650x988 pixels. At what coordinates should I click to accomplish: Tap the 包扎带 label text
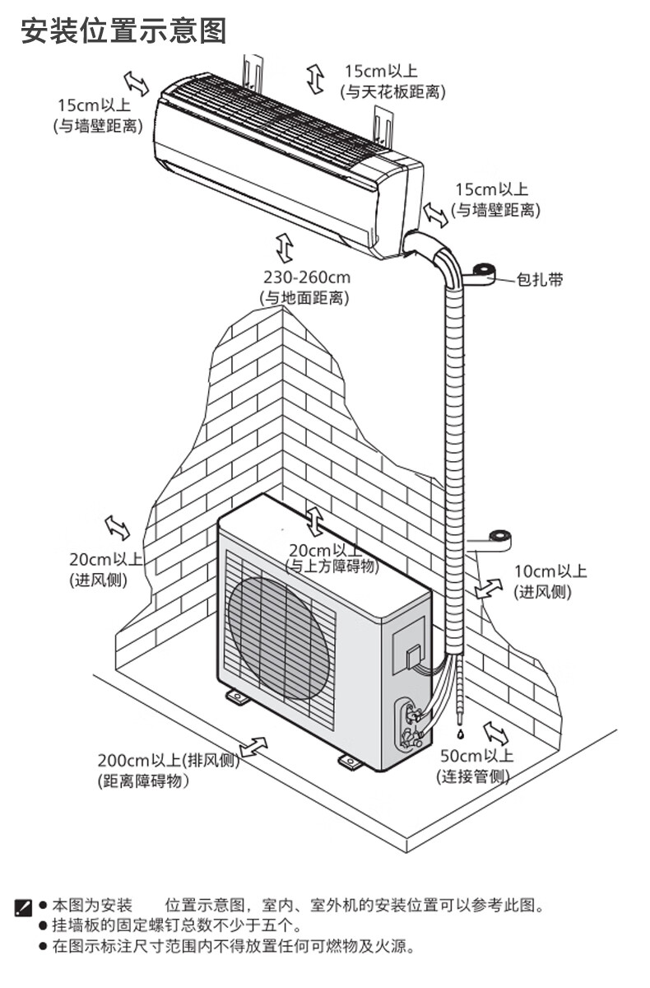point(540,279)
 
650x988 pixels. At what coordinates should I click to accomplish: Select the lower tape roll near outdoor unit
point(499,541)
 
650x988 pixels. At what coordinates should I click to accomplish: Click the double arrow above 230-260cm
point(285,247)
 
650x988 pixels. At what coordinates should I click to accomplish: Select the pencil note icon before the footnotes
point(24,908)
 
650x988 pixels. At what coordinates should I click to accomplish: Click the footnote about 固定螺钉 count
point(177,925)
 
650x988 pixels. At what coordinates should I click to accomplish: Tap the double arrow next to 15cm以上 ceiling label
point(315,78)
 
